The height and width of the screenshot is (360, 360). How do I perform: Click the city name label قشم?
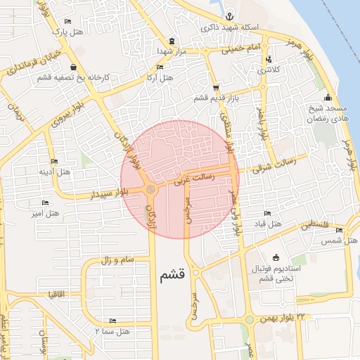coord(172,276)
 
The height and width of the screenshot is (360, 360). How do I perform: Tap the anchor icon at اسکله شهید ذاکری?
coord(229,16)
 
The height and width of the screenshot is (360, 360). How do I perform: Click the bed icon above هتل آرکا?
coord(160,67)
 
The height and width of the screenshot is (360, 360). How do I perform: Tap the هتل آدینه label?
coord(54,172)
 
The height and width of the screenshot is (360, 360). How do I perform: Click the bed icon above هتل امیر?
coord(46,202)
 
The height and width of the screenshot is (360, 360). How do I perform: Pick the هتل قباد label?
coord(267,224)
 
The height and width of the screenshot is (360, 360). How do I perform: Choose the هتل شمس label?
coord(340,240)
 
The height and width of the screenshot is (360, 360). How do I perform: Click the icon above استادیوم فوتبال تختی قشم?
coord(275,257)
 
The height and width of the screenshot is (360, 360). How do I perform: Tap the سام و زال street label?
coord(117,260)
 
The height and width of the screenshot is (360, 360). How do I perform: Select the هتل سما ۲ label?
coord(112,330)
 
